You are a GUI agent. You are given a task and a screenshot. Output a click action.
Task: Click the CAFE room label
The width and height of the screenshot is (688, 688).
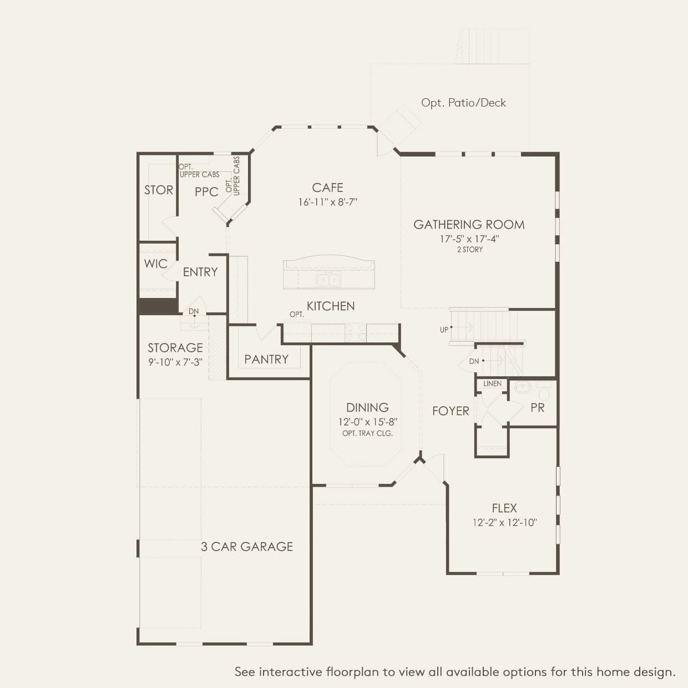[x=327, y=188]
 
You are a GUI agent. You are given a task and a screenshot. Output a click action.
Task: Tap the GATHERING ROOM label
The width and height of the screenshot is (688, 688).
[x=469, y=225]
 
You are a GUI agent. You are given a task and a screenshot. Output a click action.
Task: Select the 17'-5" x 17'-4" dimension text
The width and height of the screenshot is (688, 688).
[x=469, y=239]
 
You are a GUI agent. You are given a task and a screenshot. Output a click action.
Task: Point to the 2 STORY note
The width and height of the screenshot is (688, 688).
[x=470, y=250]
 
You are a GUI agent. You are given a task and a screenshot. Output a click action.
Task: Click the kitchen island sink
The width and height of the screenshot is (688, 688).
[x=328, y=280]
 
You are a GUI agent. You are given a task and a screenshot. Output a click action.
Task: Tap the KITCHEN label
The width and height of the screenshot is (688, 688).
[x=331, y=306]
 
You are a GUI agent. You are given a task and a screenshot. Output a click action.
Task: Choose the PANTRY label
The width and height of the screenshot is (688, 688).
[x=266, y=359]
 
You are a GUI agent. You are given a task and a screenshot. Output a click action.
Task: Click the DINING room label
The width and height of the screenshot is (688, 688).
[x=367, y=407]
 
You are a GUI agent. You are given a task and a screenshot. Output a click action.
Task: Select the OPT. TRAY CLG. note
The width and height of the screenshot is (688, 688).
[x=367, y=433]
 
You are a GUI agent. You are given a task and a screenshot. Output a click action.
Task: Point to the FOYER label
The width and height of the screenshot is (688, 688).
[x=451, y=411]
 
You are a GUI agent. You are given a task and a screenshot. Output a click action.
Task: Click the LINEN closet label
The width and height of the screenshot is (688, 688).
[x=492, y=383]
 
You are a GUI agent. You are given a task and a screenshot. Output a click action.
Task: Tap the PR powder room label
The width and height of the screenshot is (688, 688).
[x=537, y=408]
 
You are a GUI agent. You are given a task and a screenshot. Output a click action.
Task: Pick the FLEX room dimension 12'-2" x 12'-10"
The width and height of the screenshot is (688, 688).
[x=504, y=522]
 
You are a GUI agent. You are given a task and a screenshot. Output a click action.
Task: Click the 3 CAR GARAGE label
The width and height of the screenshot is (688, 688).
[x=247, y=547]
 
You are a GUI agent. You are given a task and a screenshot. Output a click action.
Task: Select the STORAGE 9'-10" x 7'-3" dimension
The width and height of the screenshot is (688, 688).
[x=175, y=362]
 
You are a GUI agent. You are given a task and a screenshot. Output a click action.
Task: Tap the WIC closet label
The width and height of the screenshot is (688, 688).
[x=156, y=264]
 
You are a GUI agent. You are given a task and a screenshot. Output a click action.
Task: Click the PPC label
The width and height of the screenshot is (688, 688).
[x=206, y=192]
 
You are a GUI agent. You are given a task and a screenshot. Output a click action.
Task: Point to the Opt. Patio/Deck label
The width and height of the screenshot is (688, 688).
[x=463, y=103]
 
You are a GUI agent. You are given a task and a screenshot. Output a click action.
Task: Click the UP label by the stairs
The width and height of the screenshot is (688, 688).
[x=444, y=330]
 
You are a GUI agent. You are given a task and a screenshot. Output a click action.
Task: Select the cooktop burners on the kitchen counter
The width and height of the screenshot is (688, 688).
[x=356, y=332]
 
